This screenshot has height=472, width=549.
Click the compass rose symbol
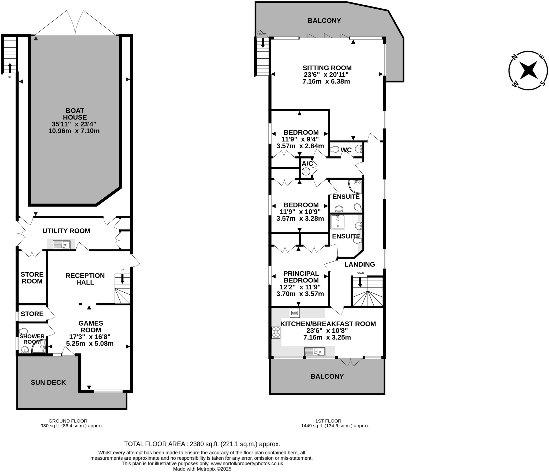528,70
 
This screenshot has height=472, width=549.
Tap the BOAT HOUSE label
75,114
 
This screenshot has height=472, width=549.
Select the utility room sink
62,245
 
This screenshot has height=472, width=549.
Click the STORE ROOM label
32,278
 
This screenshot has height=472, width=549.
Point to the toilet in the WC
335,149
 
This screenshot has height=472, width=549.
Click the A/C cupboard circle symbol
306,172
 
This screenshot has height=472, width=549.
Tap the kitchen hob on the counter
276,333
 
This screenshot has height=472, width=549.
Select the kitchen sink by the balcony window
315,351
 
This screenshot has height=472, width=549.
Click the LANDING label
359,265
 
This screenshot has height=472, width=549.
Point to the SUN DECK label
48,382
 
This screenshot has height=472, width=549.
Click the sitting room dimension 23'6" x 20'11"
326,75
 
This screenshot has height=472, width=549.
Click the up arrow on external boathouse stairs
10,67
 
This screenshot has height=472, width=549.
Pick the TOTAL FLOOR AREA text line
202,444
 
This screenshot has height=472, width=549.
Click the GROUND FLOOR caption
68,421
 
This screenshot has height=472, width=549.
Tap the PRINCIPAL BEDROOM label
301,277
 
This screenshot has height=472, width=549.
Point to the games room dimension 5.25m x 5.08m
90,343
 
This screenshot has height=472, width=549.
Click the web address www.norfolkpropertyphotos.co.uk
247,463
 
